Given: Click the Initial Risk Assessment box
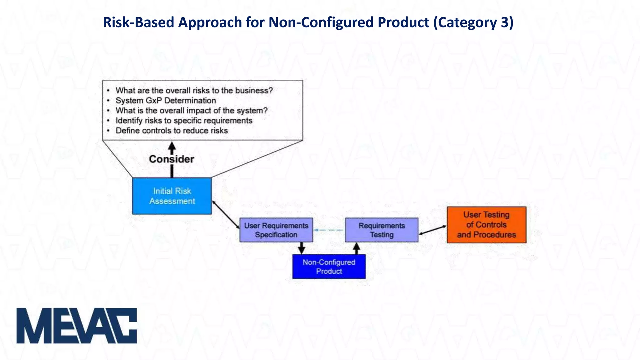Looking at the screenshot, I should (x=172, y=196).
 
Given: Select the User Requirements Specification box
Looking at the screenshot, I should (x=276, y=230).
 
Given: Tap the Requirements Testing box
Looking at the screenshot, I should (x=382, y=230).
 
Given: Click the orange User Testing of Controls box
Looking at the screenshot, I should (x=486, y=225).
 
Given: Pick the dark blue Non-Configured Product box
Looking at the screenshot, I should (x=329, y=267).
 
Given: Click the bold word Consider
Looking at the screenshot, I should (x=172, y=159).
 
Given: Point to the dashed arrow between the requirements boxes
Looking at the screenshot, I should (x=329, y=230).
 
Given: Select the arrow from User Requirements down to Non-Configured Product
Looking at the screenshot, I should (x=301, y=248).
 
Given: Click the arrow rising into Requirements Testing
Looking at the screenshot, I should (x=357, y=248).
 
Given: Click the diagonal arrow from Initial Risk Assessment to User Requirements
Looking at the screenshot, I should (x=226, y=215).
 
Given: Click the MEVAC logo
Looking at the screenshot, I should (x=77, y=326).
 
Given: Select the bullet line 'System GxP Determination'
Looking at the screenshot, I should (x=166, y=101).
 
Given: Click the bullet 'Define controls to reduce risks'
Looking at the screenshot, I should (x=172, y=131).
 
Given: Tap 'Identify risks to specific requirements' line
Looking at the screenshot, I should (x=184, y=121).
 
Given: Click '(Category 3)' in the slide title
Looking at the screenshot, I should (x=473, y=22).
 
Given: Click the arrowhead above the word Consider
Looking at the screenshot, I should (x=172, y=146).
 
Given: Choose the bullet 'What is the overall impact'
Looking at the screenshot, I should (x=191, y=111).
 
